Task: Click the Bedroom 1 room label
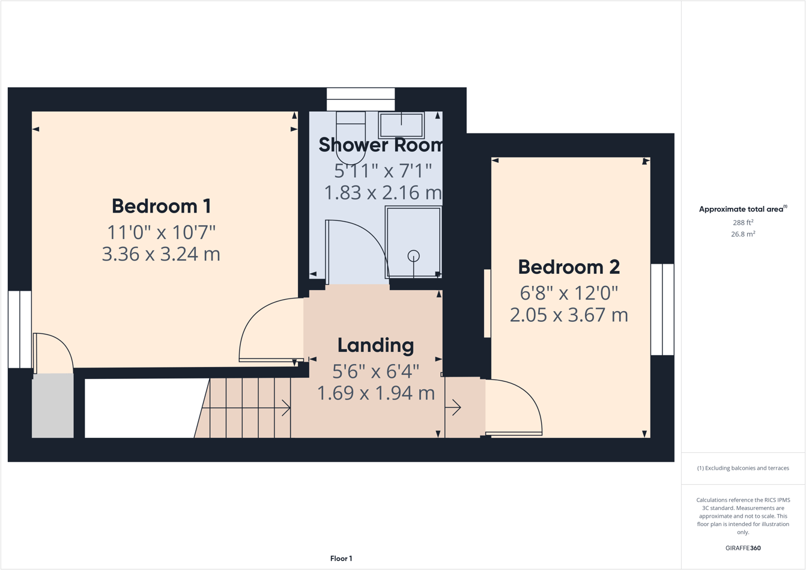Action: point(161,206)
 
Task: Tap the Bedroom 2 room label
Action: point(568,267)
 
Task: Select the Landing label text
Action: point(375,345)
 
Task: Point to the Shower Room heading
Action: point(380,145)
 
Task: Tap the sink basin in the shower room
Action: point(401,125)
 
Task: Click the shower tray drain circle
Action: point(413,256)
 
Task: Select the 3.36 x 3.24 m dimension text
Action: point(161,254)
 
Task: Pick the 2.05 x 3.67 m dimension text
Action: point(568,315)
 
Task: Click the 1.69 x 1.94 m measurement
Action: point(375,393)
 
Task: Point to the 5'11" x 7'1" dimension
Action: point(383,171)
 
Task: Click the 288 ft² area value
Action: point(742,222)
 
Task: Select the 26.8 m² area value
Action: point(742,234)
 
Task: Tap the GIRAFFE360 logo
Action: point(742,548)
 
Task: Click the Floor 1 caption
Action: point(341,559)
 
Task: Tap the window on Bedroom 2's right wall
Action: point(662,309)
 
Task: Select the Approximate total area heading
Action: point(742,209)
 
